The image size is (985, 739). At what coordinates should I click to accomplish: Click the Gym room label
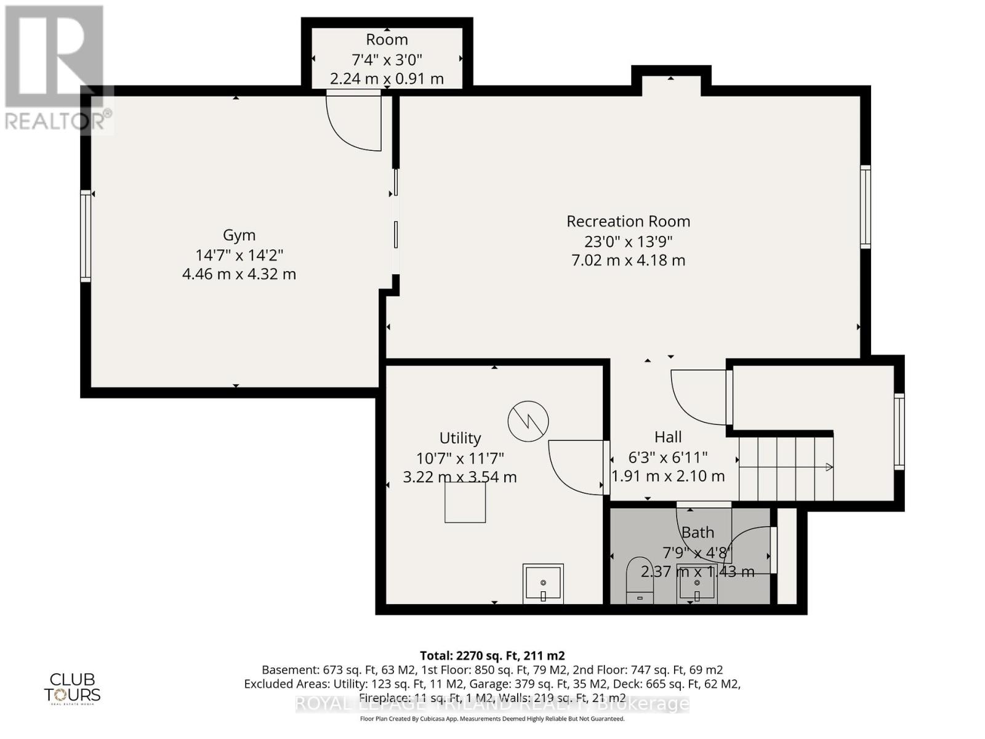[x=239, y=235]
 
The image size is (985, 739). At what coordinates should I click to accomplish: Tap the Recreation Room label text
[x=628, y=221]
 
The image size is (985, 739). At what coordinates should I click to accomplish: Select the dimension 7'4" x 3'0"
[x=387, y=60]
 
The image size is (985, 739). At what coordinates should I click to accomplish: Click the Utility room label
[x=460, y=438]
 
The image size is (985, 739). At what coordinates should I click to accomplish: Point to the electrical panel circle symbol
[x=528, y=421]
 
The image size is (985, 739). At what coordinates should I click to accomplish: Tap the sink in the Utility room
[x=543, y=584]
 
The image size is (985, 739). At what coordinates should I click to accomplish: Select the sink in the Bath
[x=696, y=583]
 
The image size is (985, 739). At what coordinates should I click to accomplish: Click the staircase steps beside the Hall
[x=786, y=468]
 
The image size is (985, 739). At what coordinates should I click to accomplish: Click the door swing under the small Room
[x=353, y=121]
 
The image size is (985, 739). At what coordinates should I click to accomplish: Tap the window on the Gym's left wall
[x=86, y=236]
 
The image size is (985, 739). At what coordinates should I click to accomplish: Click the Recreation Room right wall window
[x=866, y=207]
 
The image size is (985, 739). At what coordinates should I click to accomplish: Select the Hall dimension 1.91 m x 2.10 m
[x=668, y=476]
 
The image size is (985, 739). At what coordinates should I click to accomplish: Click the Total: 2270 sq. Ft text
[x=492, y=655]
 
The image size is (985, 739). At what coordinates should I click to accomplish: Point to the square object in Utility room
[x=465, y=503]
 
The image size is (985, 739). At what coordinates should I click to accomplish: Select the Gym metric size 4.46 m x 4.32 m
[x=239, y=274]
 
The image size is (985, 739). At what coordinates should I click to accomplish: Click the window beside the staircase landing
[x=899, y=431]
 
